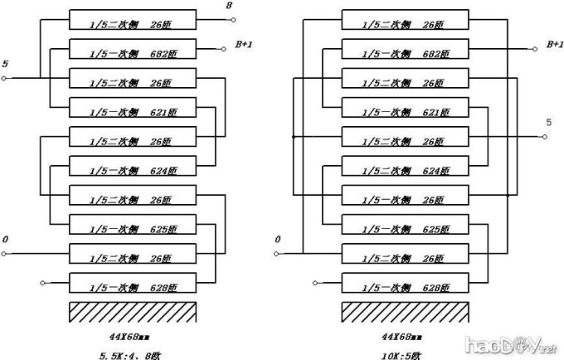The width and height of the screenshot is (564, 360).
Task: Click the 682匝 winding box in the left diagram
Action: tap(133, 52)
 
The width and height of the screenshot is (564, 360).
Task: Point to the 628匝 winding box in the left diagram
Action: tap(133, 287)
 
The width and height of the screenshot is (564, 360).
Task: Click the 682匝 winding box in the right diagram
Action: tap(406, 52)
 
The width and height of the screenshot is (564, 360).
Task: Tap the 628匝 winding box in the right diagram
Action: tap(406, 287)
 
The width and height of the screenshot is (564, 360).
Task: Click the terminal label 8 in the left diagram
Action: tap(229, 7)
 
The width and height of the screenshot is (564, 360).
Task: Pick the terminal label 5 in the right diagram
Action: tap(547, 123)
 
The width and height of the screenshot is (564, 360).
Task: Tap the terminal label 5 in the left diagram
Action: tap(6, 64)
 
